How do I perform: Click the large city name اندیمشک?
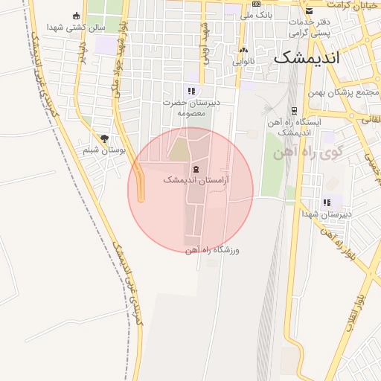(316, 57)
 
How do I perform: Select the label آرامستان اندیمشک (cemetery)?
(196, 180)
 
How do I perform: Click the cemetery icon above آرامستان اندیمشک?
(196, 169)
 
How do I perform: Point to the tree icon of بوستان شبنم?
(104, 138)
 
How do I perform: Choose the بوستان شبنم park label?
(104, 150)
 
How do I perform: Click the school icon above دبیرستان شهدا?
(326, 202)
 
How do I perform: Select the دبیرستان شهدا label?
(326, 214)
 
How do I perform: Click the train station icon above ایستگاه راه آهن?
(295, 110)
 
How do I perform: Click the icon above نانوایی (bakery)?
(243, 51)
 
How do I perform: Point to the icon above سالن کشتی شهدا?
(76, 16)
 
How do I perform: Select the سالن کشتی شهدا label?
(76, 27)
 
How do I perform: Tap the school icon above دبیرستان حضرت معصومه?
(191, 91)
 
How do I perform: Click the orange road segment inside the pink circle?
(141, 186)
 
